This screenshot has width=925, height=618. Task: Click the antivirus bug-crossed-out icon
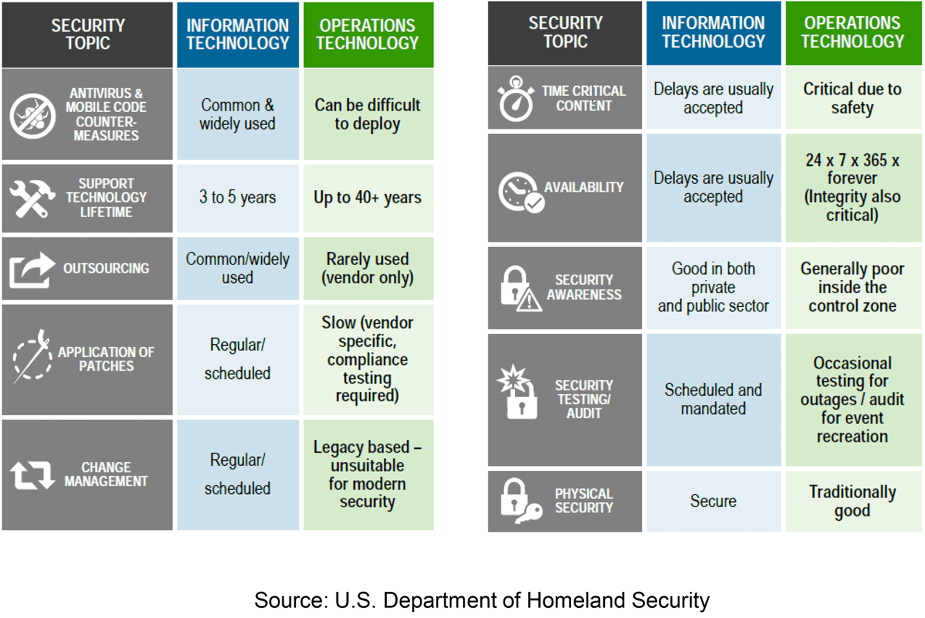point(32,116)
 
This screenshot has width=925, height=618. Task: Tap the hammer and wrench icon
point(32,198)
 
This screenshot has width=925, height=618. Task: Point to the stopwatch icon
point(516,99)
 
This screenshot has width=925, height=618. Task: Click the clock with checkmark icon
point(521,192)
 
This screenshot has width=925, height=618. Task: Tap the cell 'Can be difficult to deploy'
point(368,114)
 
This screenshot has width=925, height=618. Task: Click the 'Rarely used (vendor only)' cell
point(368,268)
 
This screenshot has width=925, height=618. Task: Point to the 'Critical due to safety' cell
point(853,98)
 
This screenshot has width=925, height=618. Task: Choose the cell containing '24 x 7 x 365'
point(853,188)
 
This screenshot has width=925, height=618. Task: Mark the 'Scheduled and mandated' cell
point(713,400)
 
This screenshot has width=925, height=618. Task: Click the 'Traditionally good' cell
point(853,501)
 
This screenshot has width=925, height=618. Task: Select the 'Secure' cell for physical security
point(713,501)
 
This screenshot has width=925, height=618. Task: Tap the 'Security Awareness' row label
point(584,288)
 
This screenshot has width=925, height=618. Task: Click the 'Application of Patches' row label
point(106,359)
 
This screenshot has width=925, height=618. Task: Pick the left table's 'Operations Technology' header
point(368,35)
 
